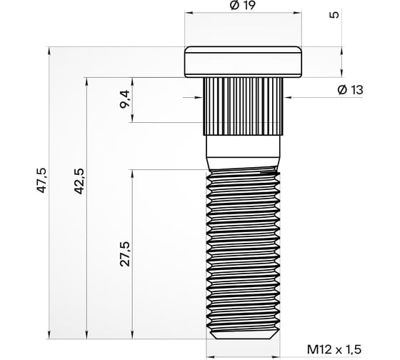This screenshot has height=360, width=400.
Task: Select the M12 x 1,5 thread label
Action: [334, 349]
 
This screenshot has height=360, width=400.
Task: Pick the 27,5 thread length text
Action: [126, 254]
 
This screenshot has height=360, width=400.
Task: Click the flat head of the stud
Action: [244, 62]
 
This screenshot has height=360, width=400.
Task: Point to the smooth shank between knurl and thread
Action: [244, 152]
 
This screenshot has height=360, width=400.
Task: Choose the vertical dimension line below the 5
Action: [341, 61]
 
